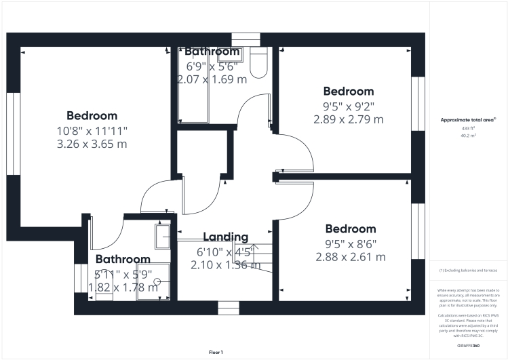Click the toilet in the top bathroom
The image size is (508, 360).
click(258, 63)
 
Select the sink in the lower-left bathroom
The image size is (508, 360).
click(163, 236)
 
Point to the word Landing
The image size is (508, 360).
click(226, 237)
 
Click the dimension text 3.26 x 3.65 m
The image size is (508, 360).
click(92, 144)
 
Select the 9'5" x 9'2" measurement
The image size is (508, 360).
click(348, 105)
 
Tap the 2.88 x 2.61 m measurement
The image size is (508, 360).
click(351, 257)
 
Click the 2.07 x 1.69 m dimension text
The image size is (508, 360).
click(212, 79)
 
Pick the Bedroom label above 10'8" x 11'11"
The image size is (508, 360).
click(92, 116)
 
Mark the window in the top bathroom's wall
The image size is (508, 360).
click(246, 39)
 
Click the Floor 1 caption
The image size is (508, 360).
click(216, 352)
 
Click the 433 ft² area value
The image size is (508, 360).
click(469, 127)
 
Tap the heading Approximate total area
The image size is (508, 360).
click(469, 119)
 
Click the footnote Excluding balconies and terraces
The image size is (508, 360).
click(469, 270)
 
